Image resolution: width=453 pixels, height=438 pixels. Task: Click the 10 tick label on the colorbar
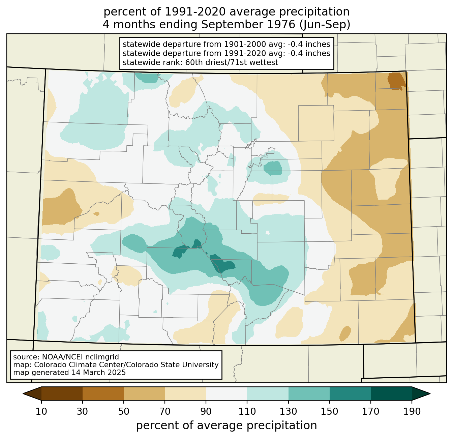click(41, 411)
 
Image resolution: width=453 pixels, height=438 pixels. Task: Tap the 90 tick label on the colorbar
click(206, 411)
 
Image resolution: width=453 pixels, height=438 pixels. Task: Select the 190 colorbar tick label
click(412, 411)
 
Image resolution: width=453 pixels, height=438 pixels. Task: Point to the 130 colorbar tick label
click(288, 411)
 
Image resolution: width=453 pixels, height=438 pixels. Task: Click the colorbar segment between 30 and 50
click(103, 393)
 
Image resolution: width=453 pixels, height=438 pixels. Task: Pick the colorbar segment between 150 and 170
click(350, 393)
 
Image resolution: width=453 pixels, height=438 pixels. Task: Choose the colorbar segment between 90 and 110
click(227, 393)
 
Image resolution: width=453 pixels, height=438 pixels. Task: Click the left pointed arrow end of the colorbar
click(32, 393)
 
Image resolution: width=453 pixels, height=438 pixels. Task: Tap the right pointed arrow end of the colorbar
click(421, 393)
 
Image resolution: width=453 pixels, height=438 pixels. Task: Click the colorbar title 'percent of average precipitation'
click(227, 426)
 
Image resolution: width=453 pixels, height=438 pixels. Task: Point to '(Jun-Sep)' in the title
click(325, 25)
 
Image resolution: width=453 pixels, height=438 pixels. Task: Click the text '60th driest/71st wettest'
click(232, 62)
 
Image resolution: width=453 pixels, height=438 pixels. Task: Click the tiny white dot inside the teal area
click(268, 232)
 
